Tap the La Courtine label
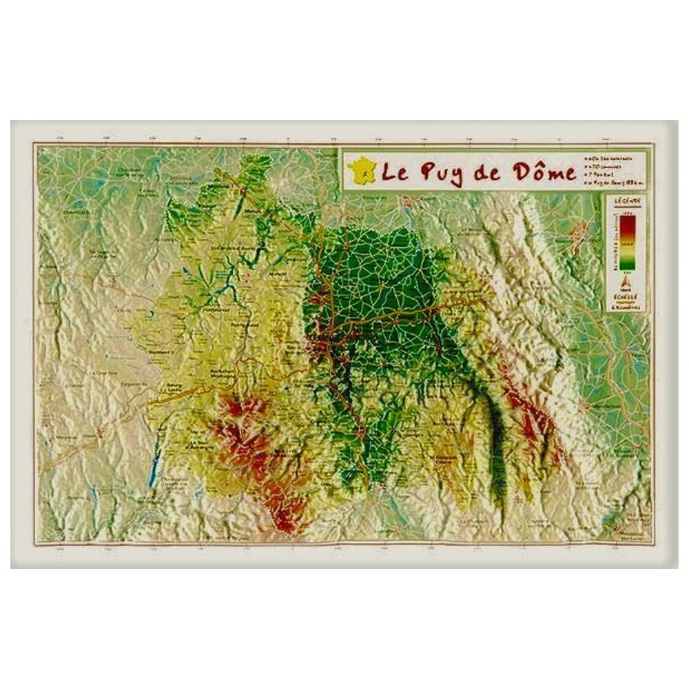[101, 373]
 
